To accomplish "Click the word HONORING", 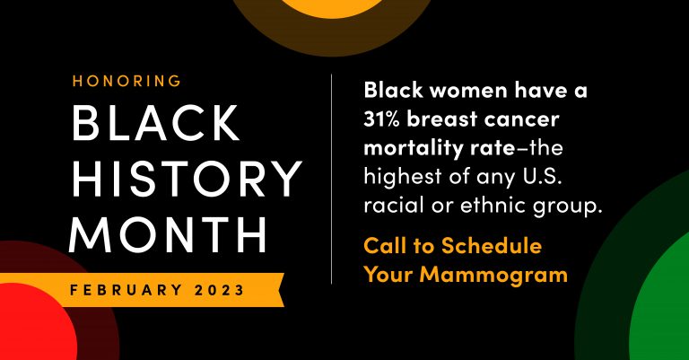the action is click(126, 81).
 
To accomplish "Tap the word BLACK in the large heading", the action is click(155, 123).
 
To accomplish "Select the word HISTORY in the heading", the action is click(187, 178).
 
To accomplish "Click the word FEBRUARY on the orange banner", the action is click(126, 290).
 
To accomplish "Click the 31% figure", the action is click(381, 119).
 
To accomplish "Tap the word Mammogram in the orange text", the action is click(493, 276).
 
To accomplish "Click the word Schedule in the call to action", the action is click(492, 246).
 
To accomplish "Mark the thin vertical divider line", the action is click(331, 179).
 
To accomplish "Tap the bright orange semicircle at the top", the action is click(333, 7).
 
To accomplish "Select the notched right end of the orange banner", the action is click(280, 290).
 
